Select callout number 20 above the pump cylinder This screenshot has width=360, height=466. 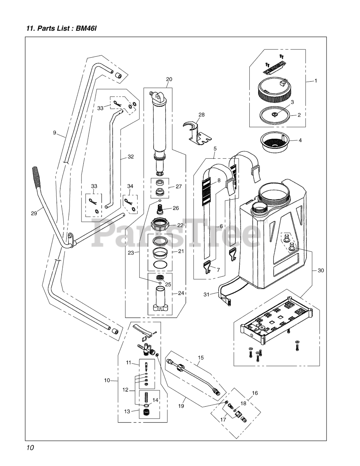(x=169, y=79)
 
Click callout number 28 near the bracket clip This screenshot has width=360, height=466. (x=201, y=115)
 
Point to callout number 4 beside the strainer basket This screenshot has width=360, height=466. (x=300, y=140)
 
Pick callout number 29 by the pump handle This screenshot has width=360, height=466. (x=34, y=213)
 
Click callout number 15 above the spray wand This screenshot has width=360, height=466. (x=201, y=358)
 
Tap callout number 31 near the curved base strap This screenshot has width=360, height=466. (x=206, y=294)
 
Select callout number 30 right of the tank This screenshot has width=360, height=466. (x=320, y=270)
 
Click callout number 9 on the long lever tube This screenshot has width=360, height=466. (x=55, y=133)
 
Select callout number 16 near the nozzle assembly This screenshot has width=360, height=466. (x=254, y=393)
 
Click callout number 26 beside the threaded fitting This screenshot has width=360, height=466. (x=176, y=208)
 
